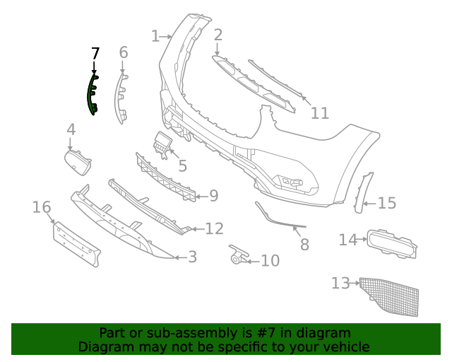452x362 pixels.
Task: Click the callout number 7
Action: click(x=96, y=53)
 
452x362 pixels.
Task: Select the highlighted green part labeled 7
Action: click(x=92, y=95)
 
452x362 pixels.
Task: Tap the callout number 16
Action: click(x=42, y=207)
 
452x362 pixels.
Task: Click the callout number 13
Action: click(x=340, y=284)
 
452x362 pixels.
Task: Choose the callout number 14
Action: click(x=347, y=240)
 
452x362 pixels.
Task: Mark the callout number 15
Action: click(x=387, y=204)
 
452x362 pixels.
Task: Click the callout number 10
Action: click(x=270, y=261)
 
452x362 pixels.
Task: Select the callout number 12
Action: click(x=214, y=228)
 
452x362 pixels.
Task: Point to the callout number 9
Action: click(x=213, y=196)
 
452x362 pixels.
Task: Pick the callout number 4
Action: click(x=71, y=129)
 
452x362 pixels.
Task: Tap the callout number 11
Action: click(x=320, y=113)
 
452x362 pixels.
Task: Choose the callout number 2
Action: click(x=218, y=35)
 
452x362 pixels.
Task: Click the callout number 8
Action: click(x=304, y=245)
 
